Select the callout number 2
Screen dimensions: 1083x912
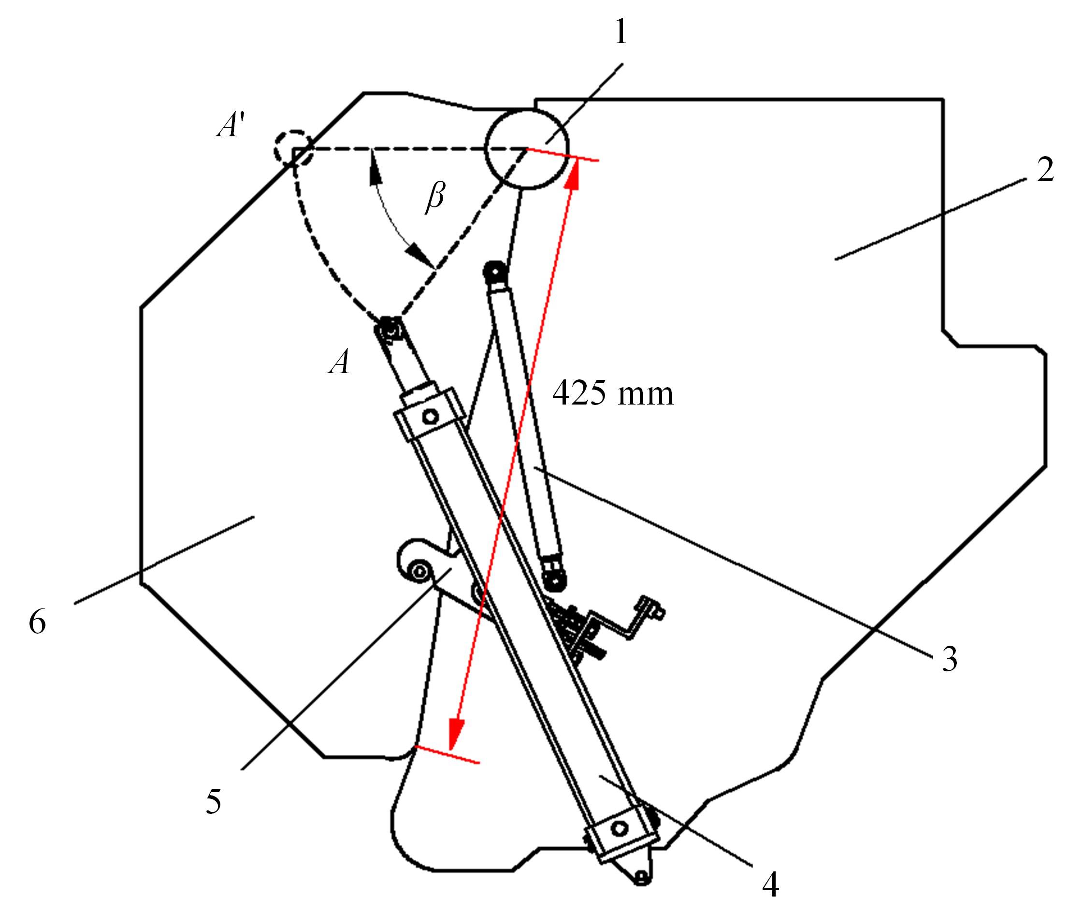pyautogui.click(x=1045, y=169)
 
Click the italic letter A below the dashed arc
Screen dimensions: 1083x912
pyautogui.click(x=339, y=362)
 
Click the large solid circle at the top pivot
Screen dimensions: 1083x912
pyautogui.click(x=526, y=150)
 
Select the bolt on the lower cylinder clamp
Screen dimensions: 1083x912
pyautogui.click(x=618, y=829)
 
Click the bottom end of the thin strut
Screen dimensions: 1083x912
pyautogui.click(x=554, y=579)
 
